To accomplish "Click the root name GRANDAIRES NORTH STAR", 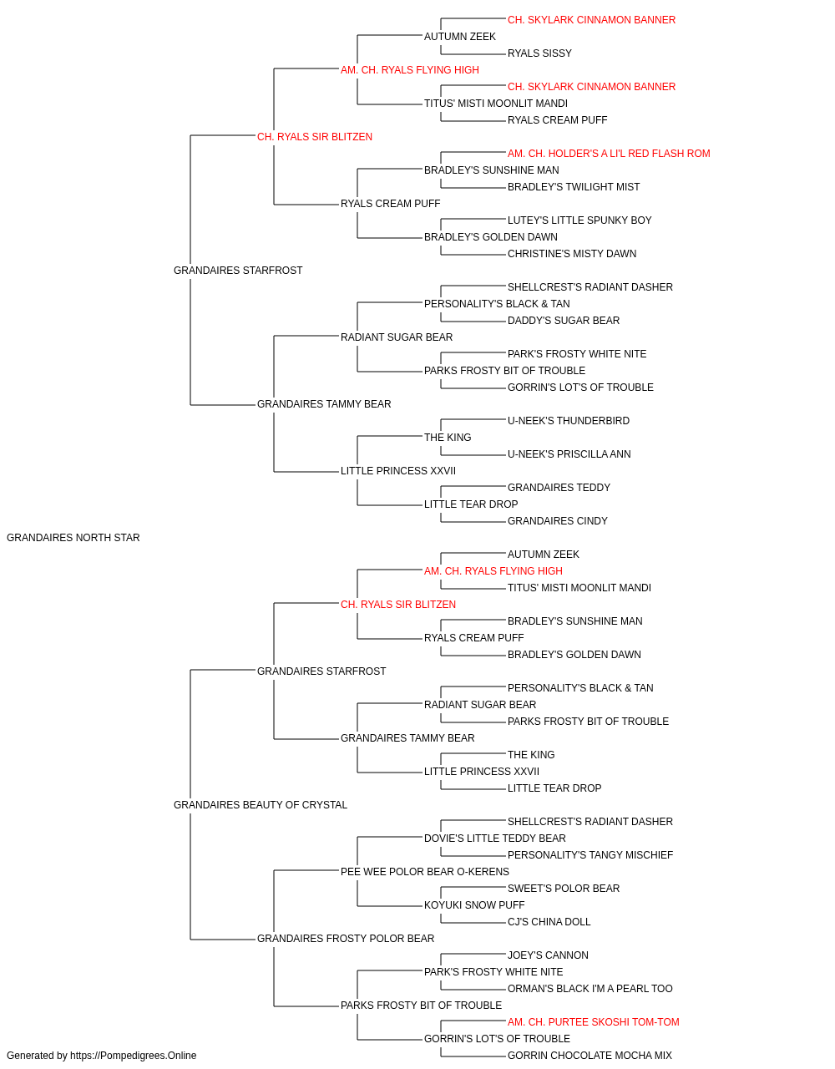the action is [73, 538].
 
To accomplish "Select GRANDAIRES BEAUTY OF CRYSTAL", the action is [261, 805].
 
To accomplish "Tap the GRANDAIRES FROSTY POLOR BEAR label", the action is [346, 939].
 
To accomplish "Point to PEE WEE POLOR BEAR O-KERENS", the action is [425, 872].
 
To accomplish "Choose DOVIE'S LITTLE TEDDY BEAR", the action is [494, 838].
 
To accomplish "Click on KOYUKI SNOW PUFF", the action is [474, 905].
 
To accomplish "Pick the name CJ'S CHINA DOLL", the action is [549, 922].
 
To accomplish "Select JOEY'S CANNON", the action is [548, 955].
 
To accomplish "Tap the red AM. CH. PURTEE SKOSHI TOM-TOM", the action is [593, 1022].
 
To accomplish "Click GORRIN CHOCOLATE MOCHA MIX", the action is [590, 1056].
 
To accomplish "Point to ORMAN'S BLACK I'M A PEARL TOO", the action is [590, 989].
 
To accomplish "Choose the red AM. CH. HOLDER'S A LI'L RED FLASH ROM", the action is [609, 154].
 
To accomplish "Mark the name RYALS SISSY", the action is [539, 53].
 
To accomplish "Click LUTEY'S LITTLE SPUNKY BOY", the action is [579, 220].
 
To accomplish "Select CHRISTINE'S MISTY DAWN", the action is [572, 254].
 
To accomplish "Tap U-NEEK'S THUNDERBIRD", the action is [569, 421].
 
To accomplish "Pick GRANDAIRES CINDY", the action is [558, 521].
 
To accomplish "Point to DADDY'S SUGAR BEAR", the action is [564, 321].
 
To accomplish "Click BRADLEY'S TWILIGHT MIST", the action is [574, 187].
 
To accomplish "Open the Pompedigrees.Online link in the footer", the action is [134, 1056].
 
